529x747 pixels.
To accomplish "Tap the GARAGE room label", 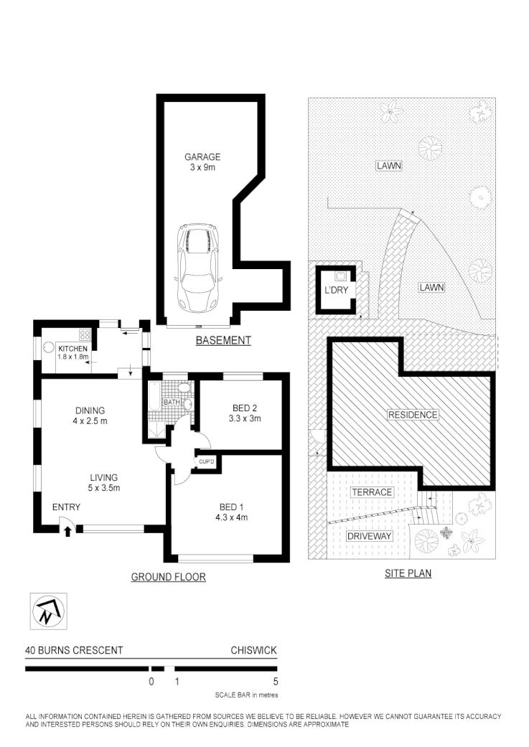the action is click(x=202, y=157).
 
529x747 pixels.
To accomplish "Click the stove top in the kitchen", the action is click(x=84, y=334).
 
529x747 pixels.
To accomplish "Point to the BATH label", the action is click(x=172, y=402).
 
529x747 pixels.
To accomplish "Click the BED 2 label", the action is click(x=245, y=408).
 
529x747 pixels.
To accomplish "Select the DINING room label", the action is click(x=90, y=410).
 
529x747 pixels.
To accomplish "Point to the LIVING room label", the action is click(x=103, y=477).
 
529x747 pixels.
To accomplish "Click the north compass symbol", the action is click(x=47, y=611).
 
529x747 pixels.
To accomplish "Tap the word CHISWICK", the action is click(x=253, y=651).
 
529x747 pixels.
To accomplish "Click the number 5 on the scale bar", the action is click(x=276, y=682).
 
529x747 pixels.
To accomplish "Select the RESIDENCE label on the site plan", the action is click(x=413, y=415).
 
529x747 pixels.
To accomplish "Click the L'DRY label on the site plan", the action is click(x=336, y=292).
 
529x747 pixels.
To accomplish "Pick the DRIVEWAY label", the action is click(x=368, y=536).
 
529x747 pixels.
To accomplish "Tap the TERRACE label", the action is click(x=372, y=492).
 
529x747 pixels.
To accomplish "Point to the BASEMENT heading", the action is click(x=223, y=341).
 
